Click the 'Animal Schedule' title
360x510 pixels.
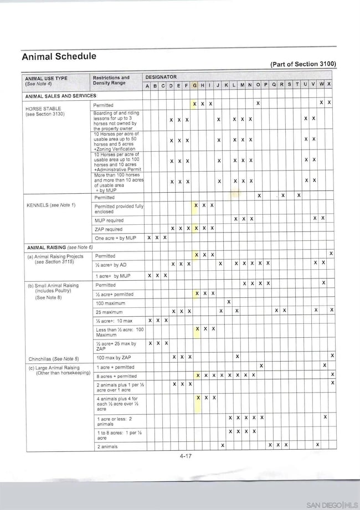tap(59, 56)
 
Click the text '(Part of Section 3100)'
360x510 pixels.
tap(303, 64)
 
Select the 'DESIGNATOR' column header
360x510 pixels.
tap(161, 77)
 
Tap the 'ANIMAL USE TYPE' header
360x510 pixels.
tap(47, 78)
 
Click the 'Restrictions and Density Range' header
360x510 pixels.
tap(111, 80)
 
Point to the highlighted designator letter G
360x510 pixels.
tap(194, 85)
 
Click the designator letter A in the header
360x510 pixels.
tap(147, 86)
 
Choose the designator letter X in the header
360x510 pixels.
tap(329, 85)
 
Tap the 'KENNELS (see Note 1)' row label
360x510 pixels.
tap(50, 205)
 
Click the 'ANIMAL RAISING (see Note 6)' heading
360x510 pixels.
tap(60, 247)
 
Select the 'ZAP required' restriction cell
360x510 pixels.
tap(109, 229)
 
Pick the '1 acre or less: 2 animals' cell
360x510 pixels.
tap(115, 420)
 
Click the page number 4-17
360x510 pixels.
tap(186, 456)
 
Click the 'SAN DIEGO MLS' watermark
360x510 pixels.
tap(332, 505)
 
